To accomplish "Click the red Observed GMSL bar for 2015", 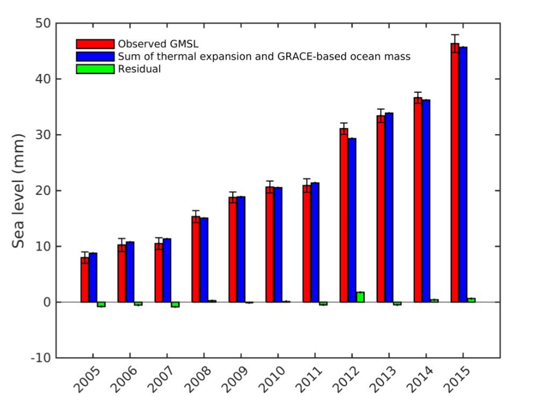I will point(454,172).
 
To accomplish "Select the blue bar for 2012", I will point(352,220).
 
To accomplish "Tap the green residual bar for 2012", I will point(360,297).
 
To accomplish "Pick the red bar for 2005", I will point(85,279).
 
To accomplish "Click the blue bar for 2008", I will point(204,260).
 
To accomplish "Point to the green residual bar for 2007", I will point(175,305).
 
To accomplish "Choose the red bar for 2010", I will point(270,244).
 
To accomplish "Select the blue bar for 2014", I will point(426,201).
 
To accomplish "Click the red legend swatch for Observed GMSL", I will point(95,44).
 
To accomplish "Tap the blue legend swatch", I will point(95,56).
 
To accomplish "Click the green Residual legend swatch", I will point(95,69).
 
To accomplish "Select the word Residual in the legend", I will point(140,69).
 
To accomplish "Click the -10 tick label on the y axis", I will point(41,358).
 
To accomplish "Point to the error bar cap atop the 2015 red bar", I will point(454,34).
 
